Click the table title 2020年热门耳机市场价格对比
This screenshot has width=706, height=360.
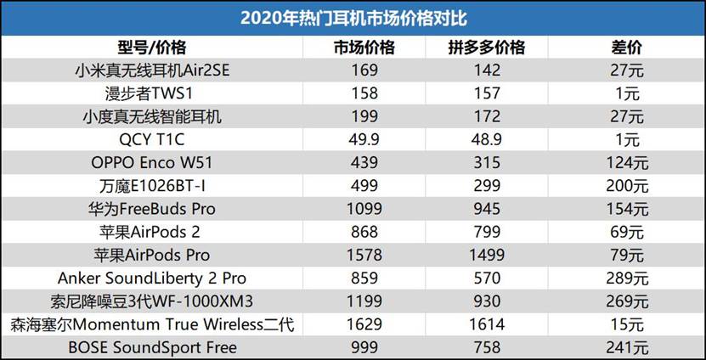click(353, 18)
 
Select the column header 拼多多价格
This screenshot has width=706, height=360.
click(487, 47)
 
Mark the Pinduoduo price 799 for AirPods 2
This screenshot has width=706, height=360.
click(487, 232)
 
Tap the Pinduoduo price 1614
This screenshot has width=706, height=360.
click(487, 324)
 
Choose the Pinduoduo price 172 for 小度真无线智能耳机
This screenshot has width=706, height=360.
click(487, 116)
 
